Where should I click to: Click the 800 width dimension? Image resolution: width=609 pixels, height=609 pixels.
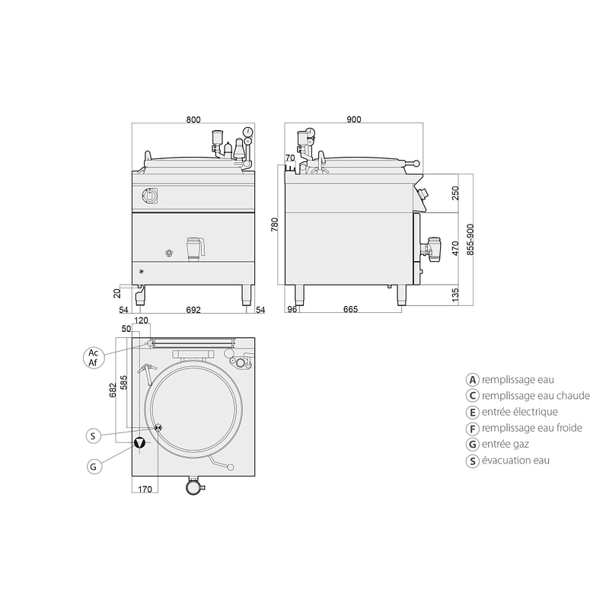click(x=193, y=120)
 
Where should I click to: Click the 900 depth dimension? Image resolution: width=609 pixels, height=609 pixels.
click(x=354, y=120)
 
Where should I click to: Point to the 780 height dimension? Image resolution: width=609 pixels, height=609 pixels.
click(x=275, y=225)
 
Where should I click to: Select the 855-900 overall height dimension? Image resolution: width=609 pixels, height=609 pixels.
click(x=470, y=239)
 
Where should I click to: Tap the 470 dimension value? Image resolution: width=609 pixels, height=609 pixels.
click(x=455, y=248)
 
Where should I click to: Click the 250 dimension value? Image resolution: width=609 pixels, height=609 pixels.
click(x=455, y=193)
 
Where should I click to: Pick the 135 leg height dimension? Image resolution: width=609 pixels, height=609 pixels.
click(x=455, y=295)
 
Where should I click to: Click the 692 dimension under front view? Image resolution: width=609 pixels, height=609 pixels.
click(x=193, y=310)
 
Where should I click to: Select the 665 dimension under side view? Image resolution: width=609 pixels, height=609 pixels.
click(x=350, y=309)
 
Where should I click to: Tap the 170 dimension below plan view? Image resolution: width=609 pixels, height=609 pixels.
click(x=145, y=489)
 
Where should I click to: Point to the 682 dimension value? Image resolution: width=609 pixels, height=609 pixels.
click(x=113, y=391)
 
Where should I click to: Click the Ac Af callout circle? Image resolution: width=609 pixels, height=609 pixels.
click(x=93, y=358)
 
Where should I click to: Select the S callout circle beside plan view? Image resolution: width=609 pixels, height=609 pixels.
click(x=93, y=435)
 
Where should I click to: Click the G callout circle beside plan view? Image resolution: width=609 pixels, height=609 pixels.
click(x=94, y=466)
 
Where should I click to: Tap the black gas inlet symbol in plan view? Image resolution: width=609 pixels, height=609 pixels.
click(x=139, y=443)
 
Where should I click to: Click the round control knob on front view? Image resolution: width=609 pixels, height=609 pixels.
click(x=148, y=196)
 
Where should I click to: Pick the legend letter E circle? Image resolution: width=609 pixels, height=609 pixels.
click(x=472, y=412)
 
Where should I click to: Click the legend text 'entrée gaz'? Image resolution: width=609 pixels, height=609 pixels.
click(x=505, y=444)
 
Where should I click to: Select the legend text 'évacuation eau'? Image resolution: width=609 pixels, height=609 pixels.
click(x=515, y=461)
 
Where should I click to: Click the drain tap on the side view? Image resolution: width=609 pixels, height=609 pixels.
click(x=431, y=247)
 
